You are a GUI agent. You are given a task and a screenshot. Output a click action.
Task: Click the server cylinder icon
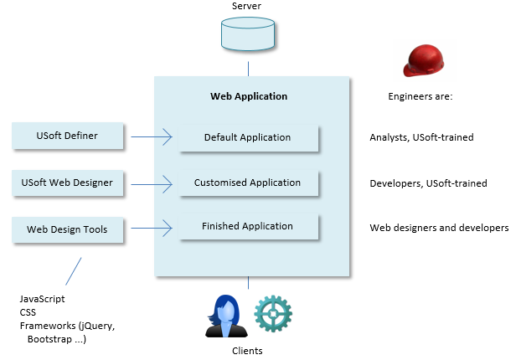248,33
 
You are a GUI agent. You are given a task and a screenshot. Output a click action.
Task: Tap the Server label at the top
248,7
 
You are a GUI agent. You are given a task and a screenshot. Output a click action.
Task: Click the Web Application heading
248,96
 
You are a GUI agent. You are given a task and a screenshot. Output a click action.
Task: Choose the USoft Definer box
69,135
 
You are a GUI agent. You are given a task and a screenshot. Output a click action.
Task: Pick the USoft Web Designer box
69,181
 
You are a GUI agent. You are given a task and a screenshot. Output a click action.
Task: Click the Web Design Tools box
69,228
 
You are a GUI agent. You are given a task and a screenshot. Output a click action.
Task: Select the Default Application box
248,137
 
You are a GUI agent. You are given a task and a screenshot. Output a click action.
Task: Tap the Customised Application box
248,183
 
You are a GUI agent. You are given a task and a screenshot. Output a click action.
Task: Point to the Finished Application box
248,226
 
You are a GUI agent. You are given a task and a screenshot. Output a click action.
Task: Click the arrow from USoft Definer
151,136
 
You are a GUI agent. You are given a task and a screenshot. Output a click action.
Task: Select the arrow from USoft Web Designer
151,182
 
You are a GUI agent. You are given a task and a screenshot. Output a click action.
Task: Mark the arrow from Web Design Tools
151,227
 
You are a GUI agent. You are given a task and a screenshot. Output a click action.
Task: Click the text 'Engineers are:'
420,96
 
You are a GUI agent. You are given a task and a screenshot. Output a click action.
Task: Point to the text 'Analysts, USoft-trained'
421,137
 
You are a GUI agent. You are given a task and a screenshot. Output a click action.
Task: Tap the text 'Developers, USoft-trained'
428,183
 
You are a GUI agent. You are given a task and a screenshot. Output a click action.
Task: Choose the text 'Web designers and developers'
439,227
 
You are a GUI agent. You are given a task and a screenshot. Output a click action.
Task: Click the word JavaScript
42,299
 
